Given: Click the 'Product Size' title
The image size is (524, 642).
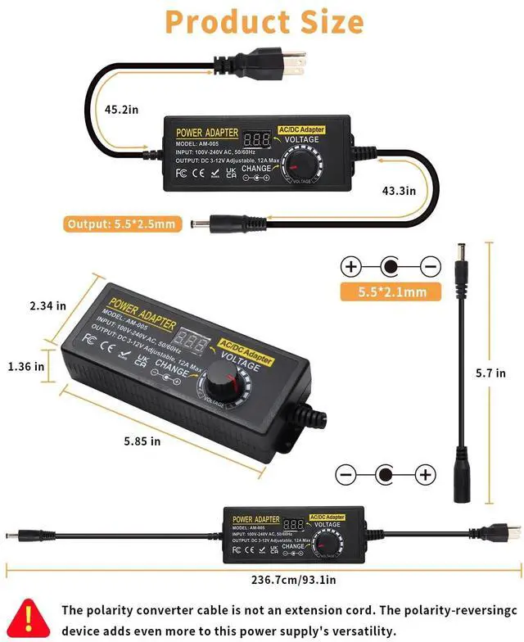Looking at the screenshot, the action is pos(264,21).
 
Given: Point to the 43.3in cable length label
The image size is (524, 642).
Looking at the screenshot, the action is pos(399,190).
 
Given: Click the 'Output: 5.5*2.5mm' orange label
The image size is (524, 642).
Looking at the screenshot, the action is pos(121,224).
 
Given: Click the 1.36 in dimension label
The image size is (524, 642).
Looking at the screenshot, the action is pos(26,366).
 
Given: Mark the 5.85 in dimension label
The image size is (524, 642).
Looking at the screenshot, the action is pos(142,441).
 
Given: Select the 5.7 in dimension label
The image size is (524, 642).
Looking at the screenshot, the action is pos(490,373).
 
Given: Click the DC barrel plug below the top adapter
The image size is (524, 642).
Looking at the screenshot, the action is pos(206,223).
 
